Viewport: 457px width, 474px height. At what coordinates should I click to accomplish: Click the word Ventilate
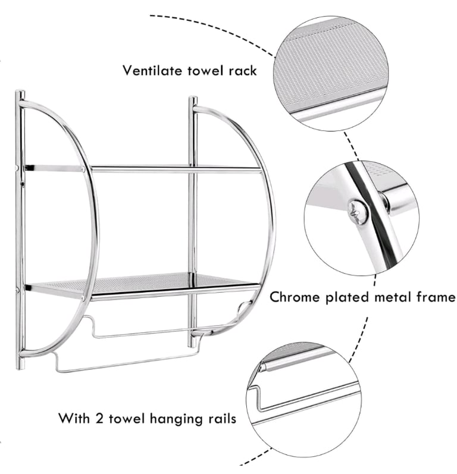pyautogui.click(x=152, y=70)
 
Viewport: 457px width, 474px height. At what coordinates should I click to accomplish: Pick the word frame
pyautogui.click(x=436, y=297)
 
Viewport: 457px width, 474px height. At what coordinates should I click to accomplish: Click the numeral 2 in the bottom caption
pyautogui.click(x=99, y=418)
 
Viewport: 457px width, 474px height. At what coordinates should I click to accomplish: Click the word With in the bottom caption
pyautogui.click(x=74, y=418)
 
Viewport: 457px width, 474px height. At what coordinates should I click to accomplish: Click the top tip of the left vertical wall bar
pyautogui.click(x=20, y=91)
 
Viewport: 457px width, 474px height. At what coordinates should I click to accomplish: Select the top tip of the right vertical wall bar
pyautogui.click(x=193, y=98)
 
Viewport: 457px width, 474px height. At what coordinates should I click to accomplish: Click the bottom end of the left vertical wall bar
pyautogui.click(x=20, y=368)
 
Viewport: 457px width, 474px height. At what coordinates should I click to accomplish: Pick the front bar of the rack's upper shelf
pyautogui.click(x=176, y=169)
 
